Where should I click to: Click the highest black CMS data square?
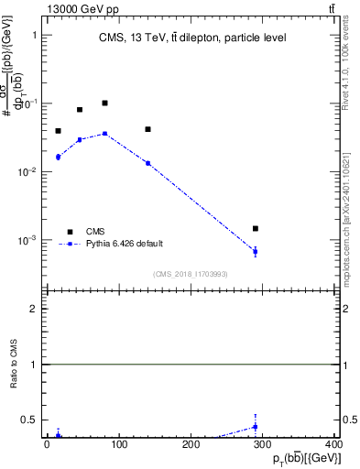pyautogui.click(x=105, y=104)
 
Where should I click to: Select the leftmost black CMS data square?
pyautogui.click(x=58, y=131)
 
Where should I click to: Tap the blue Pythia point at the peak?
pyautogui.click(x=105, y=134)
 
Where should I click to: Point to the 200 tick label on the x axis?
pyautogui.click(x=191, y=444)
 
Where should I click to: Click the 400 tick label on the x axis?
pyautogui.click(x=334, y=444)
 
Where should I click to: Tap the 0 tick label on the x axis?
pyautogui.click(x=48, y=444)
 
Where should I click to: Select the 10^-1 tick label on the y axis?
pyautogui.click(x=29, y=104)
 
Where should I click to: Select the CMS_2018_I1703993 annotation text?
pyautogui.click(x=190, y=274)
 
